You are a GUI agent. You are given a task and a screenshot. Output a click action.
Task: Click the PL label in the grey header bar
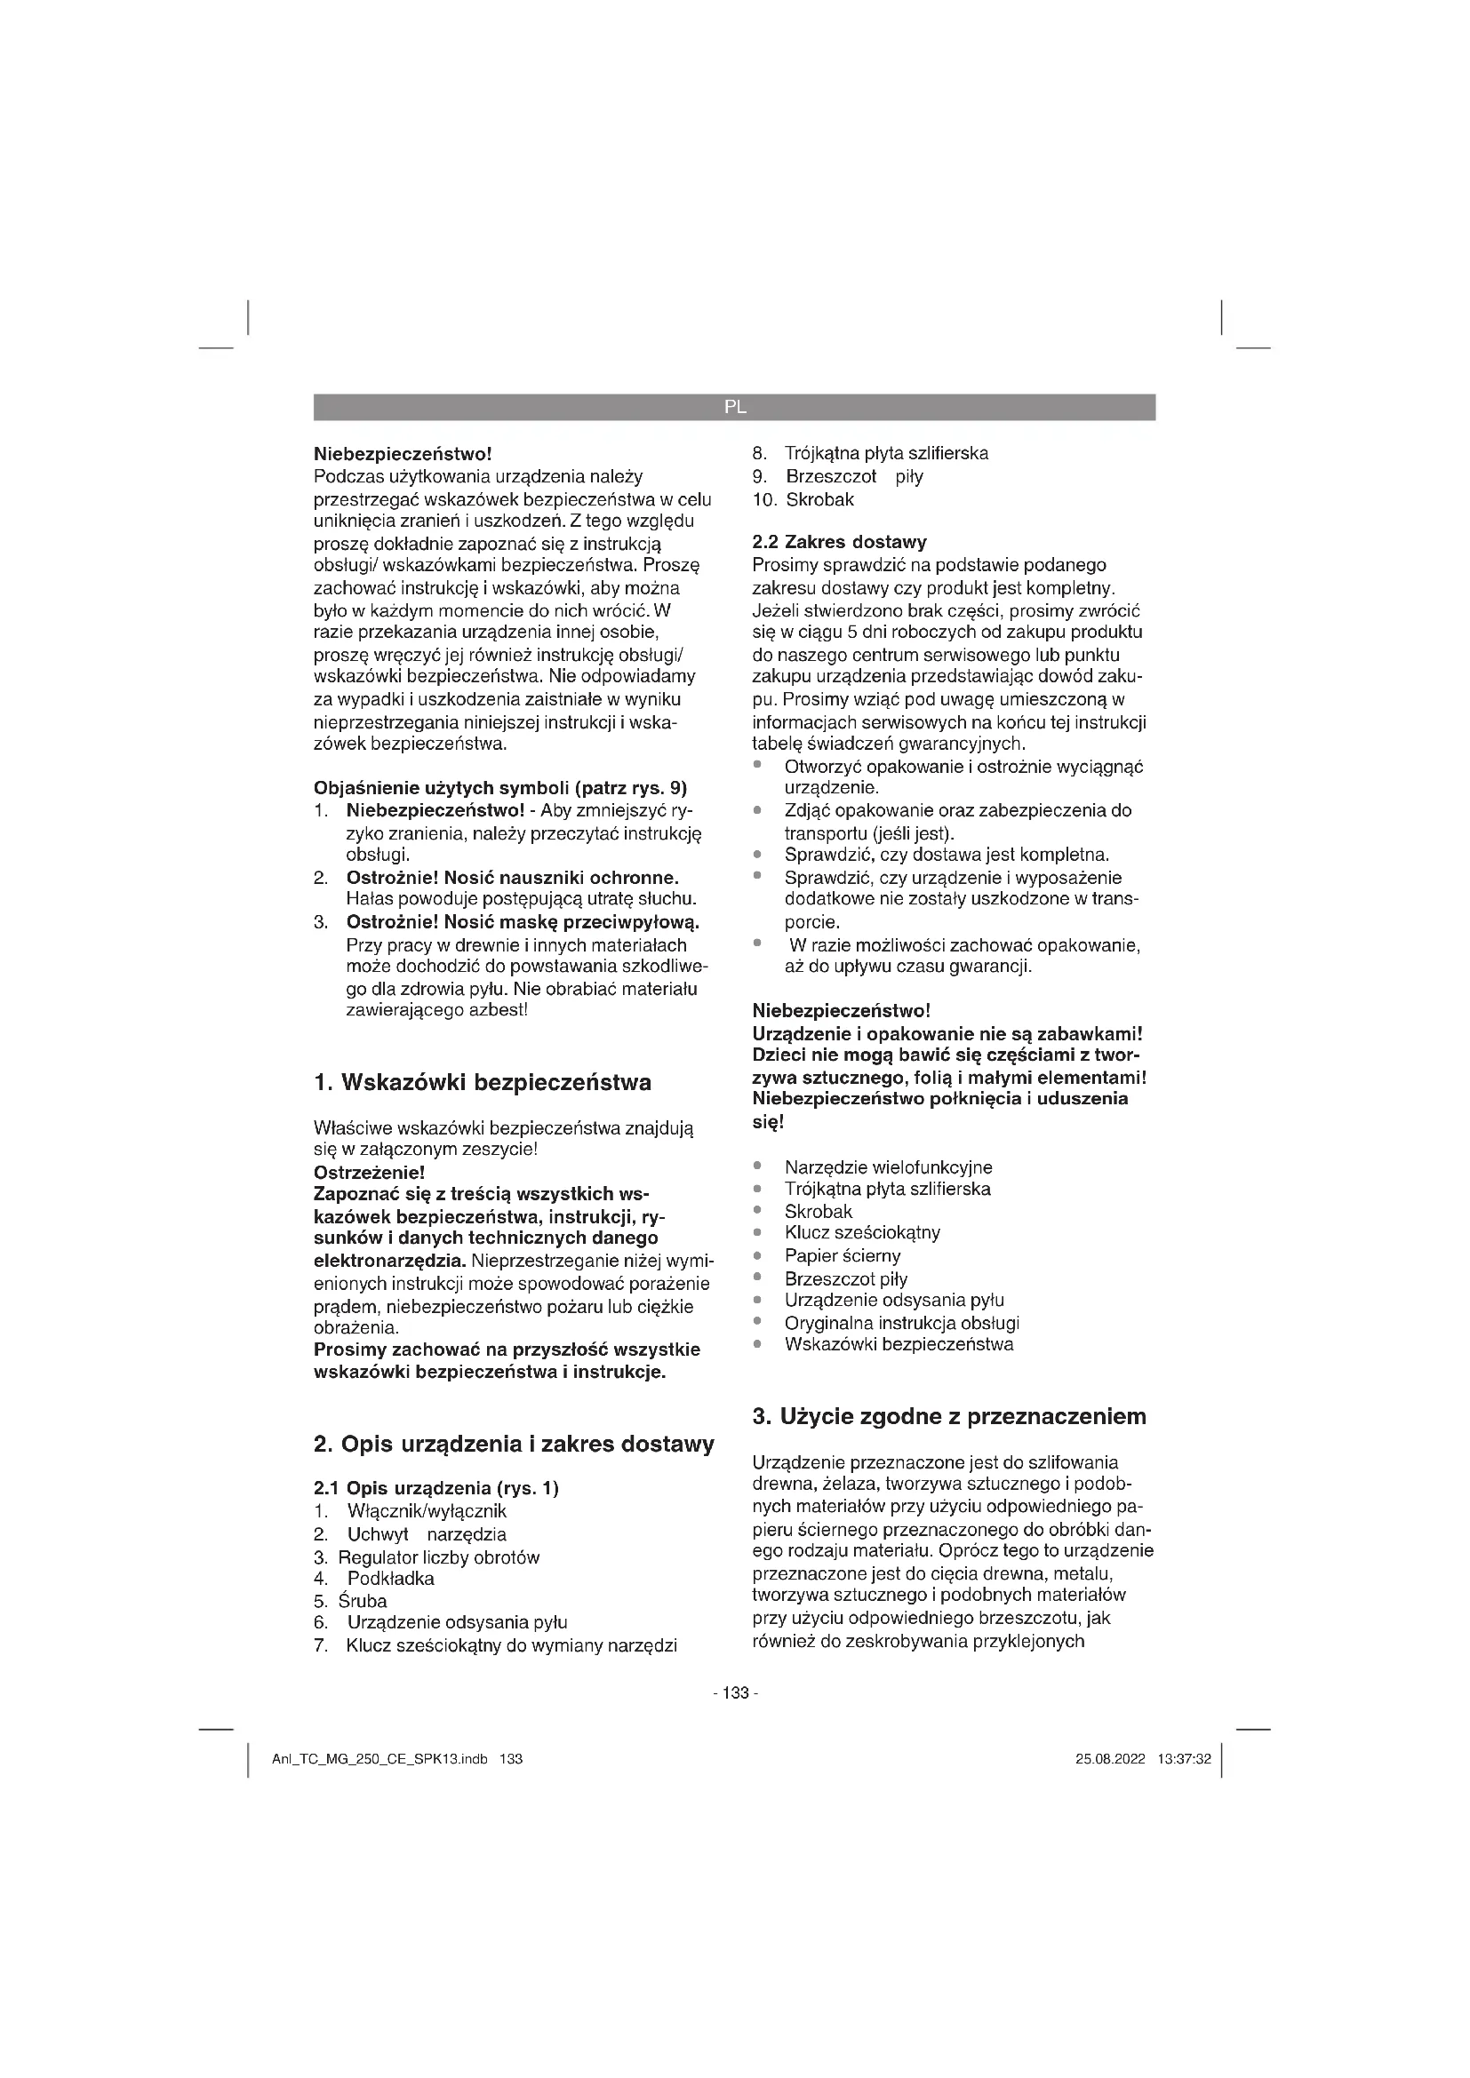click(x=735, y=407)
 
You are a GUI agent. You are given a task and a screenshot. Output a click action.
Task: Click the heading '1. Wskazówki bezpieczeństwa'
click(x=482, y=1082)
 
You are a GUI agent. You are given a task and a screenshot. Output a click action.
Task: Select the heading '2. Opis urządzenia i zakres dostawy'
click(x=513, y=1444)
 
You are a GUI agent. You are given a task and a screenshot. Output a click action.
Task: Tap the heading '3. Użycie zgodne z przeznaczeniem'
click(x=948, y=1416)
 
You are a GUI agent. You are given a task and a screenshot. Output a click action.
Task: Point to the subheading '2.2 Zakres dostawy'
click(x=839, y=542)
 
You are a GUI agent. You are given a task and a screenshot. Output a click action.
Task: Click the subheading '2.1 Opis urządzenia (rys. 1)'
click(x=435, y=1489)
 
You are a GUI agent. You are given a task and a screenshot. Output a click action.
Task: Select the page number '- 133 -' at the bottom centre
click(x=735, y=1693)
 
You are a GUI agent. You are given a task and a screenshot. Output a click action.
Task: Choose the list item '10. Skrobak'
click(x=803, y=499)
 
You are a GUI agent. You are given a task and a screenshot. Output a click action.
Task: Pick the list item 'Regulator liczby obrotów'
click(x=438, y=1557)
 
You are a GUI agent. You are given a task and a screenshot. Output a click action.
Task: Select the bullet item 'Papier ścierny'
click(x=842, y=1256)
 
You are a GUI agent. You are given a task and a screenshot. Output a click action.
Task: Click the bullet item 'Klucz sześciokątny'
click(x=863, y=1233)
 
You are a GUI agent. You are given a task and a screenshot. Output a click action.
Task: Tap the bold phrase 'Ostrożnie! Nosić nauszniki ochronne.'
click(x=512, y=878)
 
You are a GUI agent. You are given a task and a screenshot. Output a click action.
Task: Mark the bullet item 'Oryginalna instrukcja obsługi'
click(x=901, y=1323)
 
